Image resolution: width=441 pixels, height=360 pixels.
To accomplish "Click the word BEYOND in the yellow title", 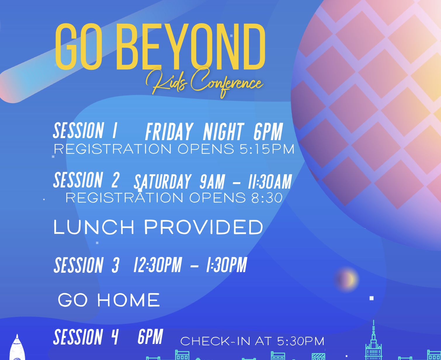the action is pyautogui.click(x=190, y=46).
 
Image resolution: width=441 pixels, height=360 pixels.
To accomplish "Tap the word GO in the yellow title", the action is pyautogui.click(x=79, y=46).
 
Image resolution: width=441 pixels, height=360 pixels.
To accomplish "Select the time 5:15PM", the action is pyautogui.click(x=267, y=149).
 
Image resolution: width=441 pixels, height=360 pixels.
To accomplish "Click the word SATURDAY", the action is pyautogui.click(x=162, y=182).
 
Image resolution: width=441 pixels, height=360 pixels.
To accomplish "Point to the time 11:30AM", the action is pyautogui.click(x=270, y=182).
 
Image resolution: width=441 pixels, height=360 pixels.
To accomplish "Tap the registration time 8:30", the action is pyautogui.click(x=267, y=198).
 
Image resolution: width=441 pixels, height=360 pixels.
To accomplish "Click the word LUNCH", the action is pyautogui.click(x=94, y=227).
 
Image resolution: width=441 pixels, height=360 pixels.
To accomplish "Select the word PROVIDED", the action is pyautogui.click(x=204, y=227).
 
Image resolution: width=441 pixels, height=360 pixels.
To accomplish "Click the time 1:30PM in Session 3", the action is pyautogui.click(x=227, y=265).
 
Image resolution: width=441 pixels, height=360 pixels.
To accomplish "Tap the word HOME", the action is pyautogui.click(x=129, y=300).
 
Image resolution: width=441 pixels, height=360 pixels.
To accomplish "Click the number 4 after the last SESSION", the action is pyautogui.click(x=115, y=337).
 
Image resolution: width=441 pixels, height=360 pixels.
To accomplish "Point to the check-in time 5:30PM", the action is pyautogui.click(x=301, y=341).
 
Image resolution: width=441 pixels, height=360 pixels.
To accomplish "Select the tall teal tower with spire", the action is pyautogui.click(x=374, y=343).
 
